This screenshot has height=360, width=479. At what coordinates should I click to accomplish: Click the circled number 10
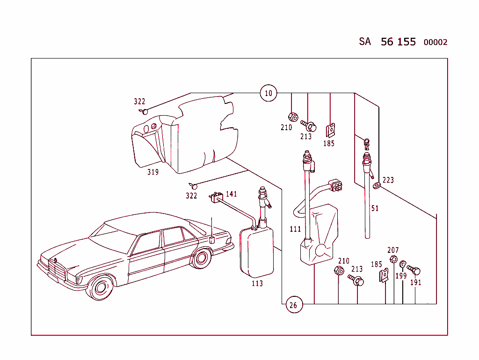point(269,93)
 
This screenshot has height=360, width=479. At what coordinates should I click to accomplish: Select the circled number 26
point(293,306)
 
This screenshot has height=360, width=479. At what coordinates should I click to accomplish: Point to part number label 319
point(153,172)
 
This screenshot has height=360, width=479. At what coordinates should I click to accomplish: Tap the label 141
point(232,194)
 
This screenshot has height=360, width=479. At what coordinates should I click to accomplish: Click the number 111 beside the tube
point(295,229)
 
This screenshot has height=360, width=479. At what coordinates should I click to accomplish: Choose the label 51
point(375,208)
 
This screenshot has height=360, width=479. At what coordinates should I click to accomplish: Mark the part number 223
point(388,180)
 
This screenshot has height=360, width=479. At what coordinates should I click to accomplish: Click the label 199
point(401,276)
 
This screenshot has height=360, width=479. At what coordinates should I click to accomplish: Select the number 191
point(416,282)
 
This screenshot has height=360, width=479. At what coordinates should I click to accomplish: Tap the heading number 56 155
point(398,42)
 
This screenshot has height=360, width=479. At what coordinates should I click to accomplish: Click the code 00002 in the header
point(435,43)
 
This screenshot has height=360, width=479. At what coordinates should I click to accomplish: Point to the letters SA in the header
point(365,42)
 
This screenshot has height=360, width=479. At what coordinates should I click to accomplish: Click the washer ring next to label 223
point(377,185)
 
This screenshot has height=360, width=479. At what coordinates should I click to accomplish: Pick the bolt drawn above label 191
point(414,270)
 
